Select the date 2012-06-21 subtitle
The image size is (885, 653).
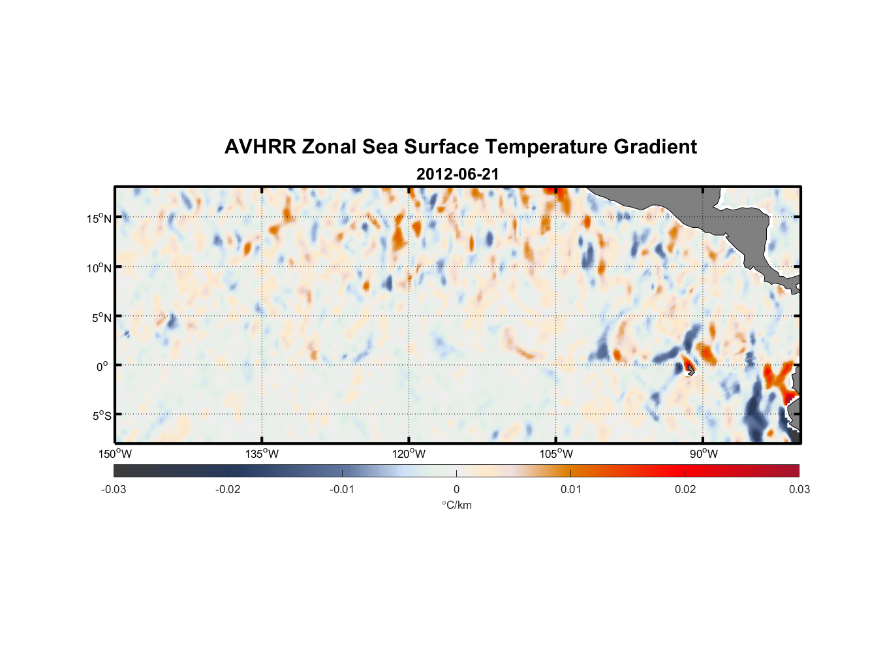tap(458, 174)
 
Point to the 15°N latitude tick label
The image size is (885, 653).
tap(99, 218)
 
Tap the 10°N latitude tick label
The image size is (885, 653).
tap(99, 268)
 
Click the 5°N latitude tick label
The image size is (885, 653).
tap(102, 318)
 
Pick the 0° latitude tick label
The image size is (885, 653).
tap(102, 367)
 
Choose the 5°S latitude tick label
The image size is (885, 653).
tap(102, 416)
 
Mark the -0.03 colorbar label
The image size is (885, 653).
tap(114, 490)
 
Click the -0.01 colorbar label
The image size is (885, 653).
tap(342, 490)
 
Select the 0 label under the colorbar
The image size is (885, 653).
tap(456, 490)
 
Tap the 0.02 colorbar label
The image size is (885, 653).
tap(685, 490)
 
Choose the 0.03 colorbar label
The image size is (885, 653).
tap(799, 490)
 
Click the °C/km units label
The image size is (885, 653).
tap(457, 505)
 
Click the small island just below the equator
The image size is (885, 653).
tap(691, 370)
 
